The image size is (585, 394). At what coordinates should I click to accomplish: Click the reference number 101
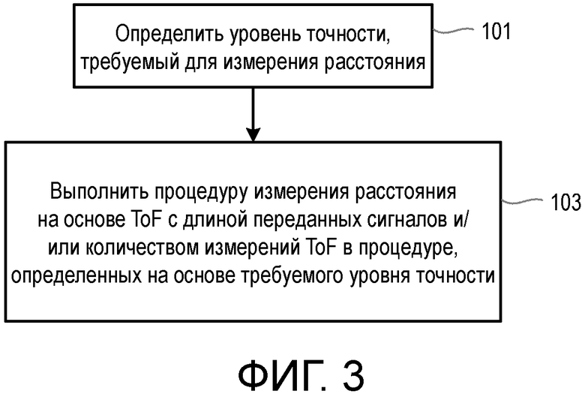pyautogui.click(x=495, y=32)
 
